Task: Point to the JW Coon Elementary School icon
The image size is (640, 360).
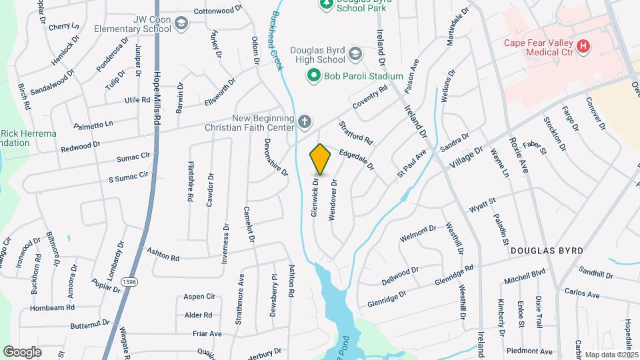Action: click(180, 25)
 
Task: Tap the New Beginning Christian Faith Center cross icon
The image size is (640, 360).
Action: click(304, 122)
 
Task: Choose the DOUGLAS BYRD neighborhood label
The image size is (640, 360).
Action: click(547, 251)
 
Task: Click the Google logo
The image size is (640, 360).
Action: click(23, 351)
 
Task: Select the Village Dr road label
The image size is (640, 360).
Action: click(465, 157)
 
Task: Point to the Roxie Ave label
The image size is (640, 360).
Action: click(518, 157)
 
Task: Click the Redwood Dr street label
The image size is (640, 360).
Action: click(81, 145)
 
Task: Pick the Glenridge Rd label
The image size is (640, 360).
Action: click(453, 273)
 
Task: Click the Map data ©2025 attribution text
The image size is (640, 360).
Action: click(611, 355)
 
